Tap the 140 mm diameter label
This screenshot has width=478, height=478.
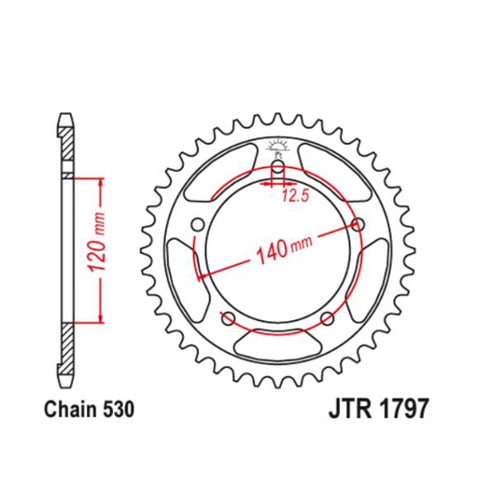pyautogui.click(x=279, y=249)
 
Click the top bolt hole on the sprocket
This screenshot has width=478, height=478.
pyautogui.click(x=277, y=169)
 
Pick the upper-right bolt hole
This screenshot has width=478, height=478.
pyautogui.click(x=358, y=224)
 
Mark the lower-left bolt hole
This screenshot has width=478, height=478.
pyautogui.click(x=227, y=317)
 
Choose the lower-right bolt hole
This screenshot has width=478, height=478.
pyautogui.click(x=327, y=317)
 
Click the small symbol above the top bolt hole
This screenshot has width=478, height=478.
pyautogui.click(x=276, y=146)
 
